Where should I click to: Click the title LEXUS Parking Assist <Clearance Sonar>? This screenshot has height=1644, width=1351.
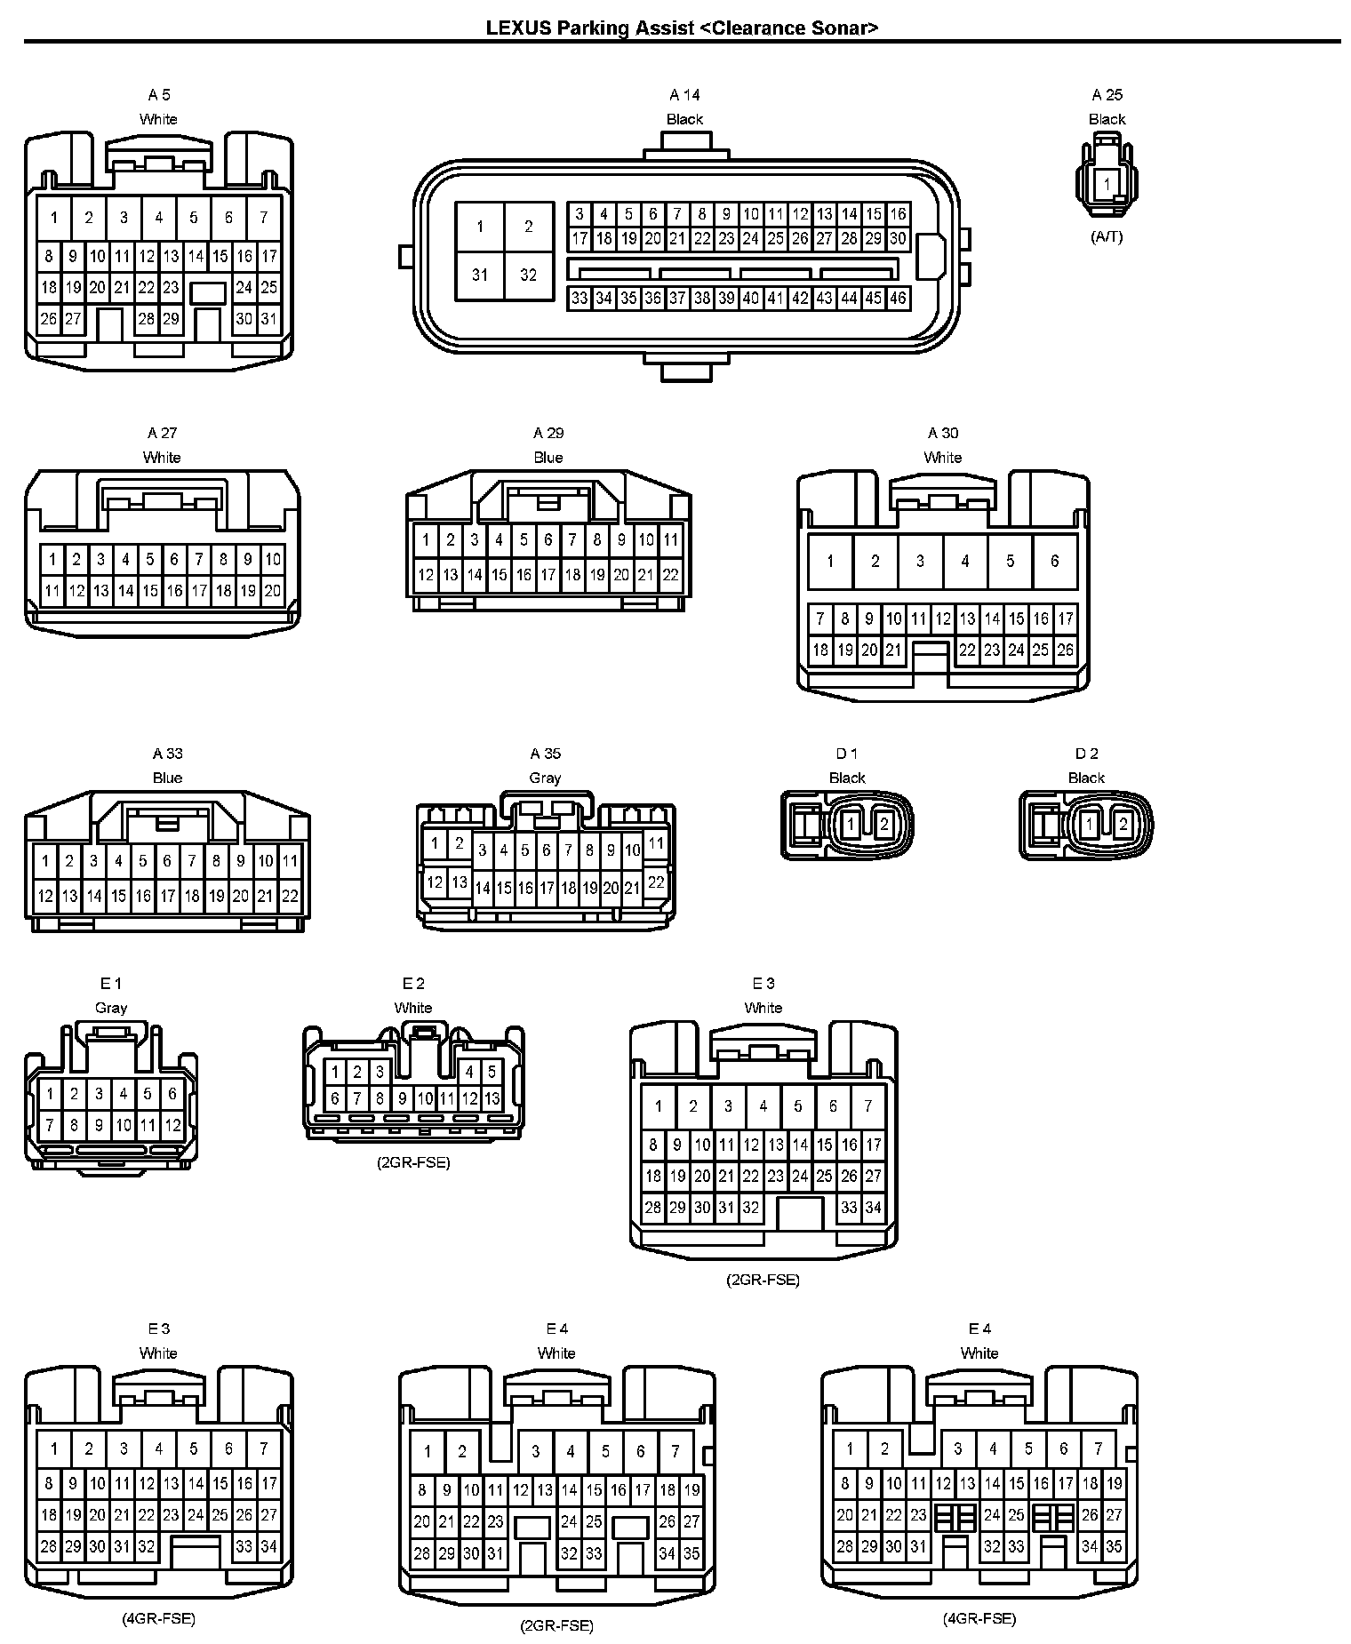click(682, 28)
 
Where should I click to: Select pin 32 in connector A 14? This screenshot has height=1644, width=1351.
click(528, 275)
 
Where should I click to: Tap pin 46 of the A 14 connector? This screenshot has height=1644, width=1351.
click(898, 299)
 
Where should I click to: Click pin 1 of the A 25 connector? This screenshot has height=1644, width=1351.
click(1107, 185)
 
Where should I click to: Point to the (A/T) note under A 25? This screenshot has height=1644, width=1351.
click(1107, 237)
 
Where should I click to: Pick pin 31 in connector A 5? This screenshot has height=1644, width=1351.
click(268, 319)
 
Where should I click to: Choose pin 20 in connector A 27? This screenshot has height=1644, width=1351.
click(272, 590)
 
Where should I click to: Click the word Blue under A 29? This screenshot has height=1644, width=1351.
click(548, 458)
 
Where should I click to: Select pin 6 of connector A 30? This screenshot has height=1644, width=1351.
click(1054, 561)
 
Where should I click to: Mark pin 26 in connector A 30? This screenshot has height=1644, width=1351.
click(1065, 650)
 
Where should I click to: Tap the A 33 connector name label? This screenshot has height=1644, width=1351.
click(167, 754)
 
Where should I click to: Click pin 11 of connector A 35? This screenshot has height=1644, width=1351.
click(656, 843)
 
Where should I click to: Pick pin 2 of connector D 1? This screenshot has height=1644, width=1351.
click(883, 825)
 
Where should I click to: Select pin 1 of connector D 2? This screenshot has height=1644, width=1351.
click(1090, 825)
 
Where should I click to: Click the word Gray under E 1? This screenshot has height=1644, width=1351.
click(111, 1008)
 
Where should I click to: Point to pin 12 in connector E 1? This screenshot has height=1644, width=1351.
click(172, 1125)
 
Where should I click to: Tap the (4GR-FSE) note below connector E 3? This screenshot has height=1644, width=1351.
click(158, 1618)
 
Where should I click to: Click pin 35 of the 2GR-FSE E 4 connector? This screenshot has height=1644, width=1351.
click(691, 1554)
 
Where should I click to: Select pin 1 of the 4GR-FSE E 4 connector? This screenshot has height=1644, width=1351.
click(850, 1448)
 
